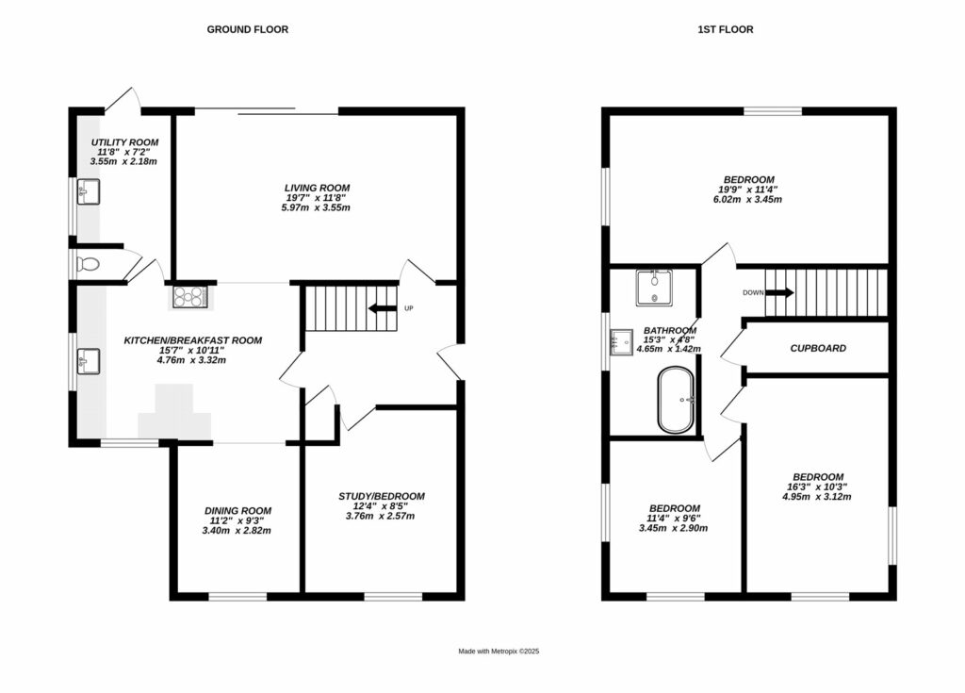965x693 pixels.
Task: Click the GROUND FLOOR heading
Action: pos(247,29)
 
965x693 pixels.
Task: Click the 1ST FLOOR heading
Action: pos(725,29)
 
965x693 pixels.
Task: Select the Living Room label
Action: pos(317,189)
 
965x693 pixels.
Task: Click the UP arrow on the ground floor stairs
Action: pos(384,308)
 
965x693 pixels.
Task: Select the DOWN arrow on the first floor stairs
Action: pos(778,292)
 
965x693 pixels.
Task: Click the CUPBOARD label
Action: pos(817,348)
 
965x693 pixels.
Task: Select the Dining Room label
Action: pos(237,511)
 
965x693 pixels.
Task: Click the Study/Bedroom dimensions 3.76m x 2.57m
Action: pos(381,516)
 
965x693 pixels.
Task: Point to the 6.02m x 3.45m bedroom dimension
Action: pos(748,199)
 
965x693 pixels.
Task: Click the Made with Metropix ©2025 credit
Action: pos(498,652)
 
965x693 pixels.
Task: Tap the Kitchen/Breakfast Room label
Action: pos(193,340)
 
